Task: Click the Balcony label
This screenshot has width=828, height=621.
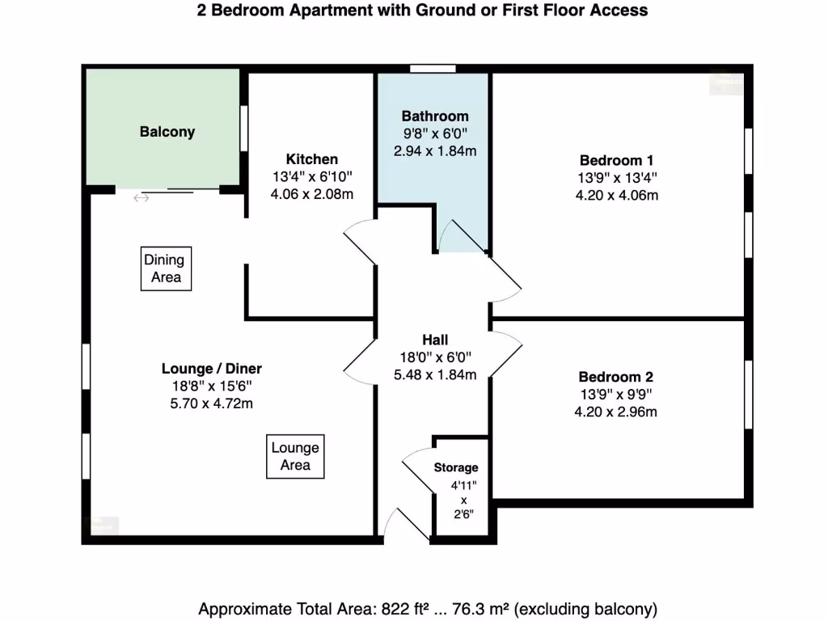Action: (x=167, y=132)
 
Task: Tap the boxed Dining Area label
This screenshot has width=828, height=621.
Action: (x=166, y=268)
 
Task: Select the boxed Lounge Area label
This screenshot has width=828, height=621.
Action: (x=295, y=456)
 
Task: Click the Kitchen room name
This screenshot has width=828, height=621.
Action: (x=311, y=159)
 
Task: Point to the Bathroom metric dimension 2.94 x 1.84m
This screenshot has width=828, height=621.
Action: (x=435, y=151)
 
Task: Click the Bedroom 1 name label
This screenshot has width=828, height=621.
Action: (x=616, y=160)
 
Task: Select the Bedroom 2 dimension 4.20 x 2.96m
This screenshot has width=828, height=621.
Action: (x=616, y=412)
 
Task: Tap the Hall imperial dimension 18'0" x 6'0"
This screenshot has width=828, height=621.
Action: (x=435, y=357)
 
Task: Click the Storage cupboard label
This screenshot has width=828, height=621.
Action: (x=456, y=467)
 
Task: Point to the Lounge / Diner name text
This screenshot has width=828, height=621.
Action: (x=212, y=369)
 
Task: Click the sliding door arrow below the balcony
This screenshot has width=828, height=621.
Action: (x=142, y=198)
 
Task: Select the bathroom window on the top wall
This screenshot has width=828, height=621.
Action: (x=433, y=69)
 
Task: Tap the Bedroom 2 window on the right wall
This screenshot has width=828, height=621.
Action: (x=748, y=394)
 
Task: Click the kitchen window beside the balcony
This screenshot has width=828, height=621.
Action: (x=243, y=128)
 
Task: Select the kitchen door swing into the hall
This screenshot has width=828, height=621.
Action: (x=358, y=243)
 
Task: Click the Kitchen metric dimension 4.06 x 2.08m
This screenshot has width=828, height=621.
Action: (x=311, y=195)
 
